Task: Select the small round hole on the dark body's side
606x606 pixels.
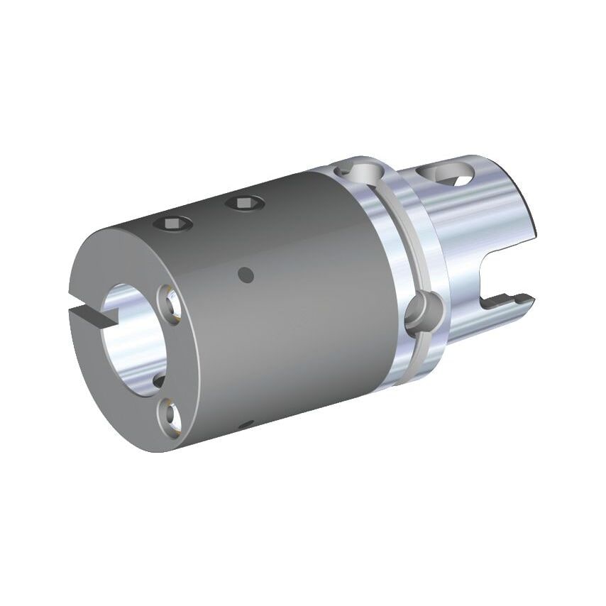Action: tap(246, 274)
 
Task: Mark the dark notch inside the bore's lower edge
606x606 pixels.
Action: tap(158, 382)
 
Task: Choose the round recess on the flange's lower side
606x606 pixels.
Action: tap(420, 312)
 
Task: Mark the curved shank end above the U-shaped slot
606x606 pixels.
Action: tap(529, 213)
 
